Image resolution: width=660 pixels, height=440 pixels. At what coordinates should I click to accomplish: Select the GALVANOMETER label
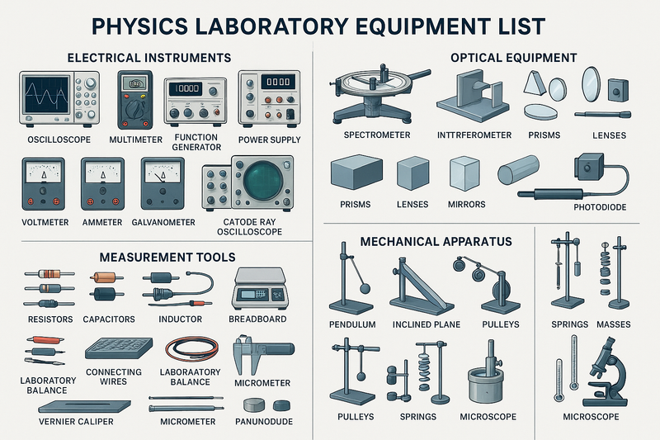163,223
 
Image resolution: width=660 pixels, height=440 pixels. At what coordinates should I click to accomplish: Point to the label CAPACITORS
109,319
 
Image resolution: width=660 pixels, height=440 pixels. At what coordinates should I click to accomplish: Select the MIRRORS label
467,204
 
